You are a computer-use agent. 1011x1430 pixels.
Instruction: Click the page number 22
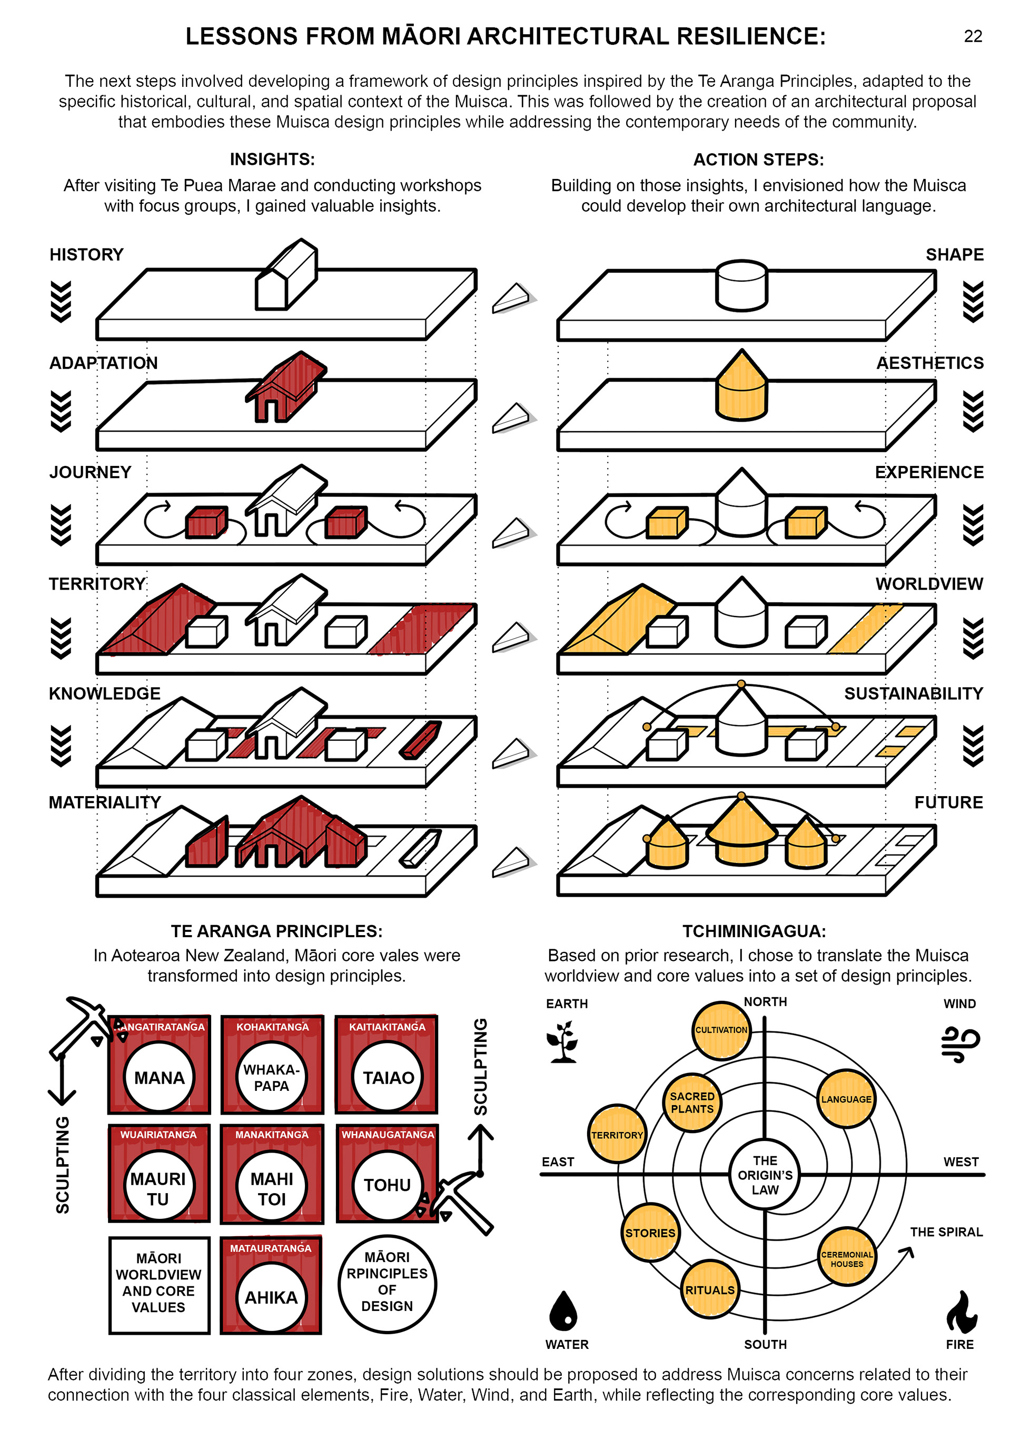[973, 37]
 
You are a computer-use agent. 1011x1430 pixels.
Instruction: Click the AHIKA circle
[271, 1297]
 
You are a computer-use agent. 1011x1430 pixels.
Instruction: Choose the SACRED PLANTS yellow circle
[691, 1103]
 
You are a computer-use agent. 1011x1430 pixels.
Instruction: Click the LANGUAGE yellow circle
[846, 1099]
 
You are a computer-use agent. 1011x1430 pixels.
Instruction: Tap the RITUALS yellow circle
[710, 1290]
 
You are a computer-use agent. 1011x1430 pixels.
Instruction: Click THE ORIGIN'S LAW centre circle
[765, 1175]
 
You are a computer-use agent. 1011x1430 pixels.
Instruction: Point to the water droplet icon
[564, 1310]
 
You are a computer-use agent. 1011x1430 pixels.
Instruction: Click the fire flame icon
[960, 1312]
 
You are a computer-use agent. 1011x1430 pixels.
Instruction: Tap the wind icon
[960, 1043]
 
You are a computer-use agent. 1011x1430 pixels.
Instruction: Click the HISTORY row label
[86, 255]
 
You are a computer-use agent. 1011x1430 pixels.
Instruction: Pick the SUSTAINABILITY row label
[913, 694]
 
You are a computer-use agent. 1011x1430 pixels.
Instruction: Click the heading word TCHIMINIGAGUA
[754, 931]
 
